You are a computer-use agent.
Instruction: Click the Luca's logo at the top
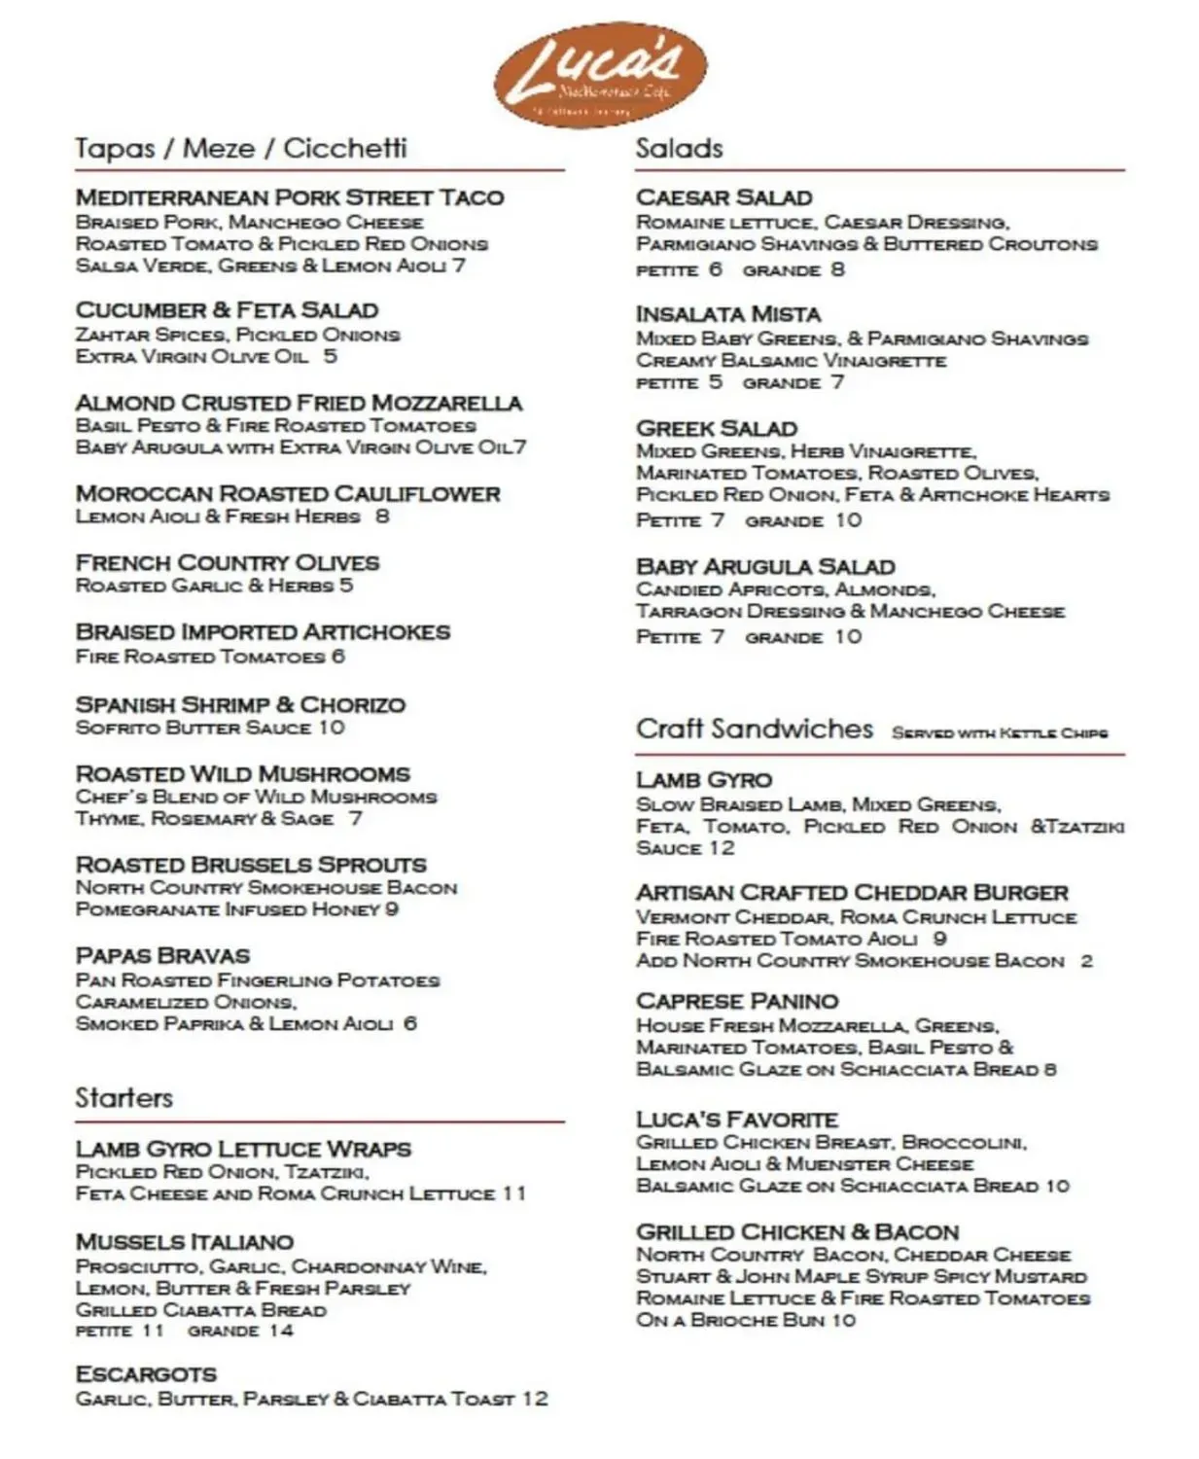(599, 76)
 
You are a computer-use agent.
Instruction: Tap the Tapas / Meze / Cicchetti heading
(241, 149)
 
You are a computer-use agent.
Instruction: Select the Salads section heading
(679, 149)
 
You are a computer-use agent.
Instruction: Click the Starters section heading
(123, 1098)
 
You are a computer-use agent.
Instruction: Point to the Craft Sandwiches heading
(755, 729)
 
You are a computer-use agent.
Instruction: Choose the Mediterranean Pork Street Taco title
(290, 197)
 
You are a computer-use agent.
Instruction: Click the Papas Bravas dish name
(162, 955)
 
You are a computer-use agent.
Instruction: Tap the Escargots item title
(146, 1374)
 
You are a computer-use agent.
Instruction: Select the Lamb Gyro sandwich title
(704, 780)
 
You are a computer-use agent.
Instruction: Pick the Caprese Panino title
(737, 1001)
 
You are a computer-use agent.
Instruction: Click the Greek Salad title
(717, 428)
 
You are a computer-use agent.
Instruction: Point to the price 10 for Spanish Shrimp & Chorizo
(332, 728)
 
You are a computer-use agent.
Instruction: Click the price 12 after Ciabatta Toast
(536, 1399)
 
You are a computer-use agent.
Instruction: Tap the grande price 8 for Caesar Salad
(837, 269)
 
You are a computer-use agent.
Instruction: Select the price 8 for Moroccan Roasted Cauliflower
(382, 516)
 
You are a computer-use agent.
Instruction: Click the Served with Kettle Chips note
(1000, 732)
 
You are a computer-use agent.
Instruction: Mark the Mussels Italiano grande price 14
(281, 1330)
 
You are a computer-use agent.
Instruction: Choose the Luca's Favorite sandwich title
(737, 1120)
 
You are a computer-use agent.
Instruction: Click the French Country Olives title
(228, 563)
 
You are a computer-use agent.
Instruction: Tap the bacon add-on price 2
(1086, 961)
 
